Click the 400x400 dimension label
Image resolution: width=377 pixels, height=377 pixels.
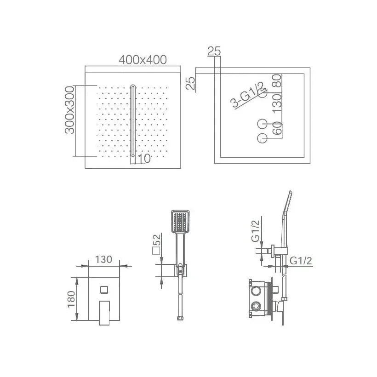pos(143,60)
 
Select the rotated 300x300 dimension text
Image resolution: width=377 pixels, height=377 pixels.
pos(70,110)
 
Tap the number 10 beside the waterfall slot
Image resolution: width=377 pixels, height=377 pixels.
pos(144,159)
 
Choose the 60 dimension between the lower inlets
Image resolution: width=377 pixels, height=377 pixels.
pos(277,128)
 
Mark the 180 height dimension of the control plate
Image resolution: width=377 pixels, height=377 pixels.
pos(71,299)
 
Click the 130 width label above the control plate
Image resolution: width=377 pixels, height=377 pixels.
pos(103,259)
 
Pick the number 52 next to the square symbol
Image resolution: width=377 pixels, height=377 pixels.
pos(156,240)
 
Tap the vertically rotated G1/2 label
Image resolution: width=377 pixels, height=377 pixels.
pos(256,231)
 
